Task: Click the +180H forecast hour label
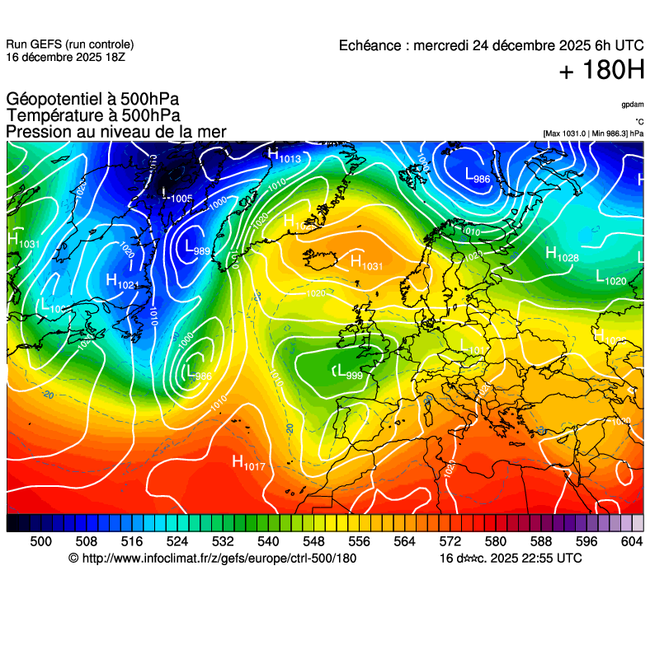[601, 71]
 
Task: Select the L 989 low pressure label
[197, 248]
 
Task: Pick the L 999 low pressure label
[347, 372]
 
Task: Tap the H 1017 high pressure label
[248, 463]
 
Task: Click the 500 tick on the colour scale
[40, 541]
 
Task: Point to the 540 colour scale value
[268, 541]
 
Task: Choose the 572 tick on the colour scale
[450, 541]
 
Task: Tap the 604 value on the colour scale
[631, 541]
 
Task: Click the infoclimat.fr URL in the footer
[219, 559]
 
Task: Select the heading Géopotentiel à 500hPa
[92, 100]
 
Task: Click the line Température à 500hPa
[93, 116]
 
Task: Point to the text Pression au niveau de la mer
[115, 132]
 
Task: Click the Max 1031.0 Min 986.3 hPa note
[593, 133]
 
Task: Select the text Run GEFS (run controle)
[69, 44]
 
